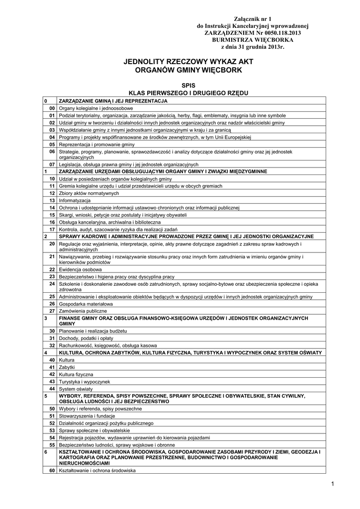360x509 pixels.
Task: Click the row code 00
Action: click(x=52, y=108)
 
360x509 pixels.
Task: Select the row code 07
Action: click(x=52, y=164)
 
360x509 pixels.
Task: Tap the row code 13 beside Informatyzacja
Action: click(x=52, y=200)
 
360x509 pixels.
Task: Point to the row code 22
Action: click(x=52, y=269)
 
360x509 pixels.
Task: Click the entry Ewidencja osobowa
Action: click(x=80, y=269)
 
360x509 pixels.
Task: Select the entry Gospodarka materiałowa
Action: click(x=86, y=303)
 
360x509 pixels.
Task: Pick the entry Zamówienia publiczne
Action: click(x=83, y=311)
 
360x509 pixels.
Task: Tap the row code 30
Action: click(x=52, y=331)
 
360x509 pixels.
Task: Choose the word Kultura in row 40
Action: click(x=66, y=359)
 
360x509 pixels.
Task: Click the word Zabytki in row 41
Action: click(x=67, y=367)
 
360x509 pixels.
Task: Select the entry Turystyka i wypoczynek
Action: click(x=84, y=381)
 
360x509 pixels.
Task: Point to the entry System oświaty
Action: click(x=74, y=389)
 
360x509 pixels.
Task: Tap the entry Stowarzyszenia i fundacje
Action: click(x=87, y=416)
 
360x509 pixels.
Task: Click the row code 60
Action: click(x=52, y=470)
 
